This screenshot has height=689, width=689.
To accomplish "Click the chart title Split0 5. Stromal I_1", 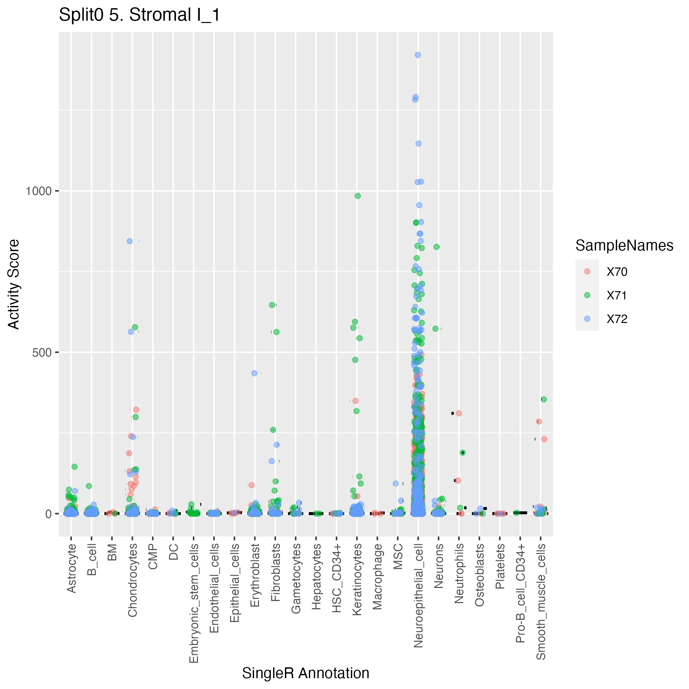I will coord(140,15).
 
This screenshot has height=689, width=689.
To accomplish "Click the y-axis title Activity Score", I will coord(13,284).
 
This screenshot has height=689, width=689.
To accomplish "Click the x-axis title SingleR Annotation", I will coord(306,673).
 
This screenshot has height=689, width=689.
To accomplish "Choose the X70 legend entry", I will coord(616,272).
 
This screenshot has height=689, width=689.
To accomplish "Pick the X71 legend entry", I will coord(616,295).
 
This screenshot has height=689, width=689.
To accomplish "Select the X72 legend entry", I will coord(616,319).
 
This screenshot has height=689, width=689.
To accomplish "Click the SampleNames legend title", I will coord(624,246).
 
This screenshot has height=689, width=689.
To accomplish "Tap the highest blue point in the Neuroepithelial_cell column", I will coord(418,55).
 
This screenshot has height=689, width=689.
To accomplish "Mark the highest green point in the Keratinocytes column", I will coord(358,196).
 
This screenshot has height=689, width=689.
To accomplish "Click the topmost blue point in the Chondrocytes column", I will coord(130,241).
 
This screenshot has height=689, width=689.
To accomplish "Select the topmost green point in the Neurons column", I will coord(437,247).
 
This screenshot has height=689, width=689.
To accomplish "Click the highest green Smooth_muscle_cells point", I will coord(544,399).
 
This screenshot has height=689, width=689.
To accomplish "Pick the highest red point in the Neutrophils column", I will coord(459,413).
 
